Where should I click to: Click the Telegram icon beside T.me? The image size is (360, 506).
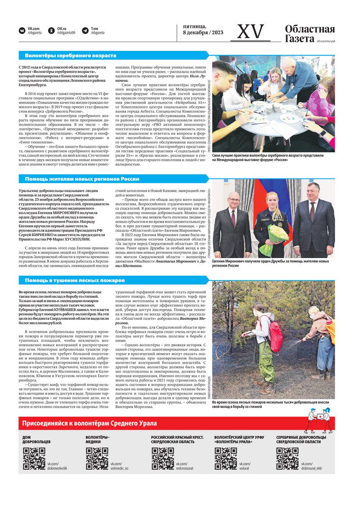(x=85, y=31)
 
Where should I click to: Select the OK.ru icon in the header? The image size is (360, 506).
(x=51, y=31)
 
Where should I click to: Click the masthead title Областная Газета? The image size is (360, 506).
(x=310, y=34)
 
